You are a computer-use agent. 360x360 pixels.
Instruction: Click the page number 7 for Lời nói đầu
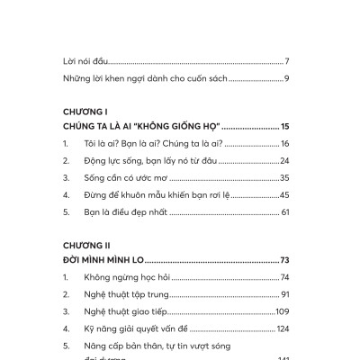[x=285, y=61]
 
